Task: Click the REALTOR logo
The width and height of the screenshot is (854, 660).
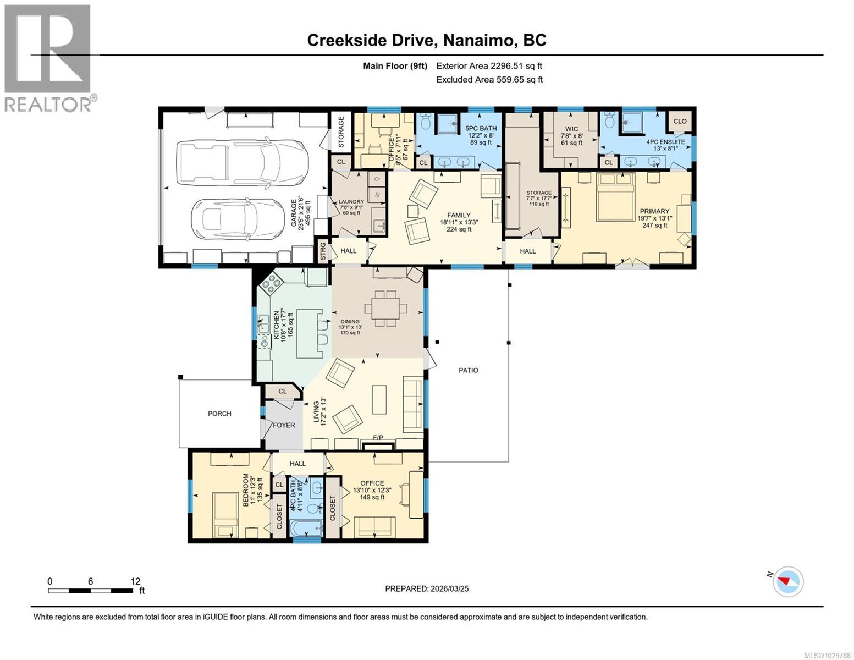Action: coord(48,58)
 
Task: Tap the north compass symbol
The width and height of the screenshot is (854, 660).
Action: coord(788,581)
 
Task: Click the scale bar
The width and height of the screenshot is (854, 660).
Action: coord(90,591)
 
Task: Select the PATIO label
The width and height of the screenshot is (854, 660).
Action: coord(469,370)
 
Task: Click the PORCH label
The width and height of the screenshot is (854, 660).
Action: coord(219,414)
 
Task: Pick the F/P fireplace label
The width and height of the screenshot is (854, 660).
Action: coord(378,438)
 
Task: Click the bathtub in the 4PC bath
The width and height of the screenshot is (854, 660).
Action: coord(307,529)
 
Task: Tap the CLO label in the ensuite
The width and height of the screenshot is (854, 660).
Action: coord(680,121)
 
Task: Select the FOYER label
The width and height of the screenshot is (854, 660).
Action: coord(284,425)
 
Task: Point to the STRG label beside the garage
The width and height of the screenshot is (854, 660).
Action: coord(323,251)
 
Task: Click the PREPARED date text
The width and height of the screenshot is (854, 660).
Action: coord(427,588)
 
